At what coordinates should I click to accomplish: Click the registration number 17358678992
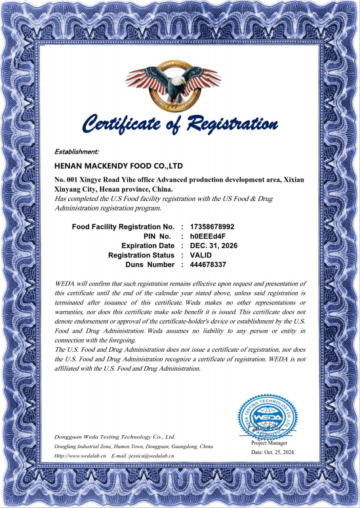[212, 226]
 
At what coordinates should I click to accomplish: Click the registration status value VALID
[201, 255]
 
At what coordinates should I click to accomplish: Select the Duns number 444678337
[208, 265]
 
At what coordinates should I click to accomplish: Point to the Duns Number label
[150, 265]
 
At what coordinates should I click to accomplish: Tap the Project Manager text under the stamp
[269, 443]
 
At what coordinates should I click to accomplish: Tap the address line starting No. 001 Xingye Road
[178, 179]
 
